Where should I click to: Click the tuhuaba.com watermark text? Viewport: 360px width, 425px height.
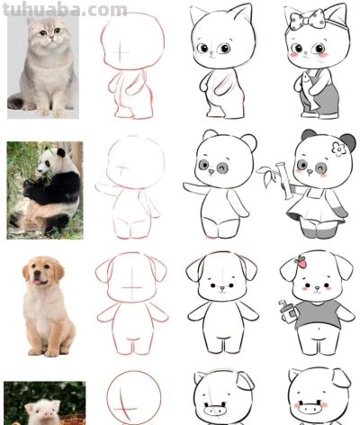(x=63, y=10)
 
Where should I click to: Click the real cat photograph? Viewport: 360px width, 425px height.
(x=41, y=68)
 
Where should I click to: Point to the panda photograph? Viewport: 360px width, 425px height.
(x=45, y=189)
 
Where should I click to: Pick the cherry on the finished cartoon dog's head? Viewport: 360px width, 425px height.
(x=302, y=262)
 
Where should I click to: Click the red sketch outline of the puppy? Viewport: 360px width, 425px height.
(x=131, y=302)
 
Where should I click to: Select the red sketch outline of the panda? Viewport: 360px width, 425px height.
(x=131, y=185)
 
